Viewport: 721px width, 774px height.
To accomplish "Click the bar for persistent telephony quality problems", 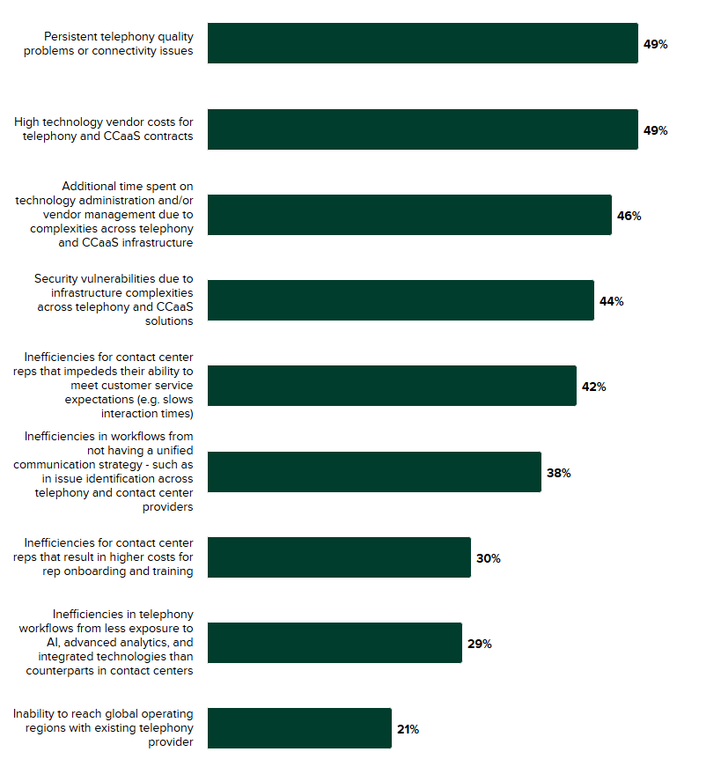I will pyautogui.click(x=423, y=43).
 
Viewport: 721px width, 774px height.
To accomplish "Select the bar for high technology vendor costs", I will pyautogui.click(x=423, y=129).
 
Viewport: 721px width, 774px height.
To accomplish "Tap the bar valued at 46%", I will pyautogui.click(x=409, y=215).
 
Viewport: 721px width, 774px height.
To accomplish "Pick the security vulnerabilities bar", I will pyautogui.click(x=401, y=300).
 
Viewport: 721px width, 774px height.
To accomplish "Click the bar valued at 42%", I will pyautogui.click(x=392, y=386).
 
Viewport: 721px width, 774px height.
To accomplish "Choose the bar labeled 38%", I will pyautogui.click(x=374, y=472).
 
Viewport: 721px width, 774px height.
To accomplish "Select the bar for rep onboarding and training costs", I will pyautogui.click(x=339, y=557).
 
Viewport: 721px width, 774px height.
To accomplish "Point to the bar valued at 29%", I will pyautogui.click(x=335, y=643).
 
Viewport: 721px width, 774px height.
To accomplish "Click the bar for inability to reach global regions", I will pyautogui.click(x=299, y=728).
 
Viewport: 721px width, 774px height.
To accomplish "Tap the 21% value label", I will pyautogui.click(x=408, y=729).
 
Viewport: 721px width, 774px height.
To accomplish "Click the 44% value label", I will pyautogui.click(x=611, y=301).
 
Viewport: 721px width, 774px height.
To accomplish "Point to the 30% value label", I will pyautogui.click(x=488, y=558).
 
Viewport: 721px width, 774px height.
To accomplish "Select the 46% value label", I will pyautogui.click(x=629, y=216).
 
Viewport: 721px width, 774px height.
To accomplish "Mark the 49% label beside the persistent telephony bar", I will pyautogui.click(x=655, y=44).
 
